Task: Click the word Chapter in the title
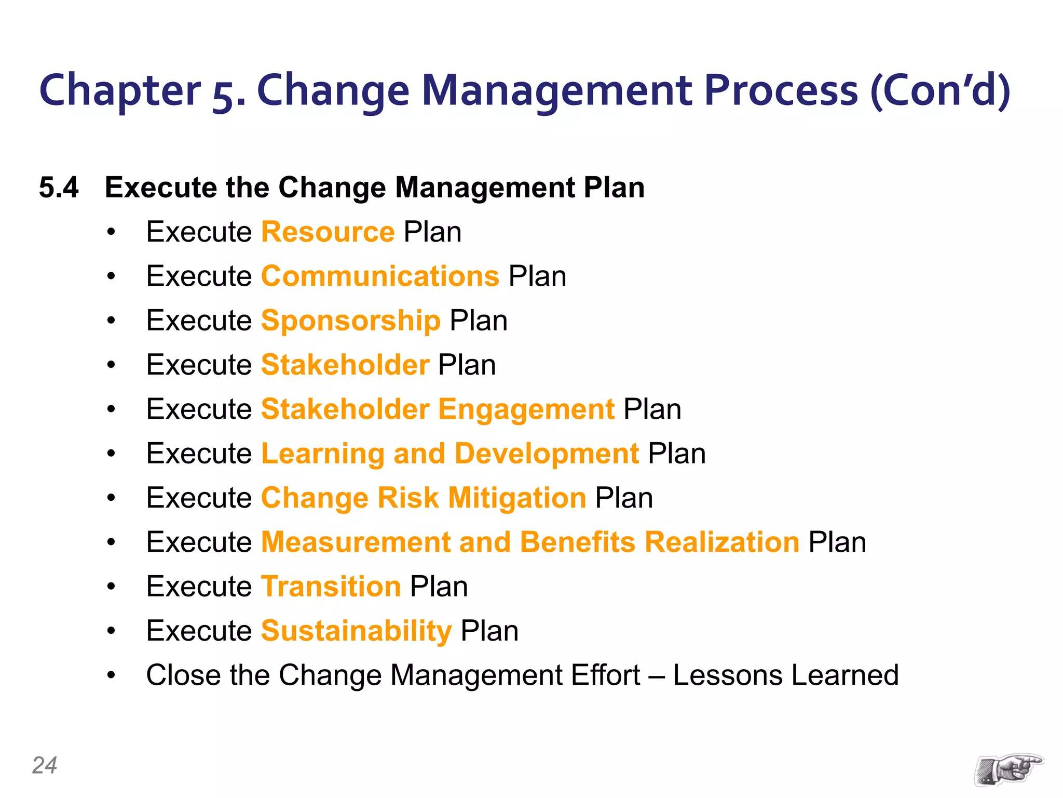(x=120, y=91)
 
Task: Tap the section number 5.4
(x=59, y=188)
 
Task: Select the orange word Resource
(x=328, y=232)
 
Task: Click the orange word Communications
(x=380, y=276)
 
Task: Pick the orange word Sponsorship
(x=350, y=321)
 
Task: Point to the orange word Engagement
(x=526, y=409)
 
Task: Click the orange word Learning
(x=322, y=454)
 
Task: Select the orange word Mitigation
(x=517, y=498)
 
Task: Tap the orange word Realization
(x=721, y=542)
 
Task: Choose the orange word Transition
(x=331, y=587)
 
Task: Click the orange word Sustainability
(x=356, y=631)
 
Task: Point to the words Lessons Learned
(x=785, y=675)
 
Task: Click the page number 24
(x=45, y=765)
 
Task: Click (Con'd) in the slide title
(x=940, y=91)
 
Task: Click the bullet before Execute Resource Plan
(x=111, y=233)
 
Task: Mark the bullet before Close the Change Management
(x=111, y=676)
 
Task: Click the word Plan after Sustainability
(x=489, y=631)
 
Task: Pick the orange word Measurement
(x=356, y=542)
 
